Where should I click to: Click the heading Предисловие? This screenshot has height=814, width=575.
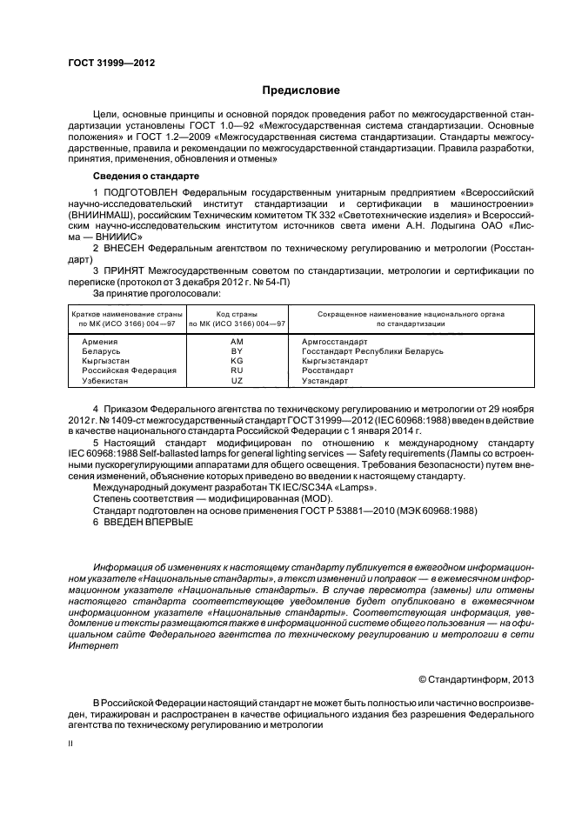click(302, 90)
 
